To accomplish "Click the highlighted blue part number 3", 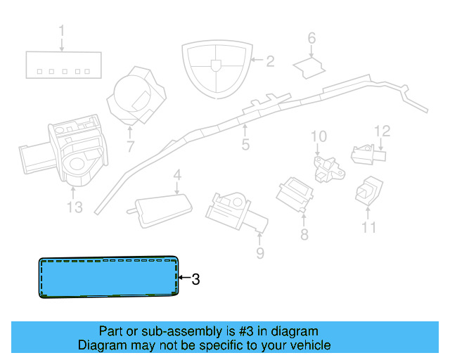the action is (x=109, y=277).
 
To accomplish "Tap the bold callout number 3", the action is (x=195, y=279).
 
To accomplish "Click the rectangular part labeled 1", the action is (x=64, y=65).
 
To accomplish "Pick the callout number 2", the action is (x=270, y=61).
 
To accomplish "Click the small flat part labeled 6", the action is (x=309, y=67).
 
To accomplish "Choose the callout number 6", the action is (x=311, y=38).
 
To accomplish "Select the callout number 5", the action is (x=245, y=144).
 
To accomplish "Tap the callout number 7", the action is (x=131, y=147).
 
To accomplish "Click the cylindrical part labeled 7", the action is (x=136, y=96).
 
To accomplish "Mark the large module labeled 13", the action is (x=64, y=150).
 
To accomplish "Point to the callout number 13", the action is (x=75, y=207).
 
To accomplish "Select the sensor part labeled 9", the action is (x=237, y=212).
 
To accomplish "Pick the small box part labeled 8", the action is (x=295, y=194).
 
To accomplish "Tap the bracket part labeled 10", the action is (x=329, y=169).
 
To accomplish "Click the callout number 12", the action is (x=382, y=131).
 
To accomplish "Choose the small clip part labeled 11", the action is (x=368, y=191).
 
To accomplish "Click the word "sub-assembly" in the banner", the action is (x=182, y=331).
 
